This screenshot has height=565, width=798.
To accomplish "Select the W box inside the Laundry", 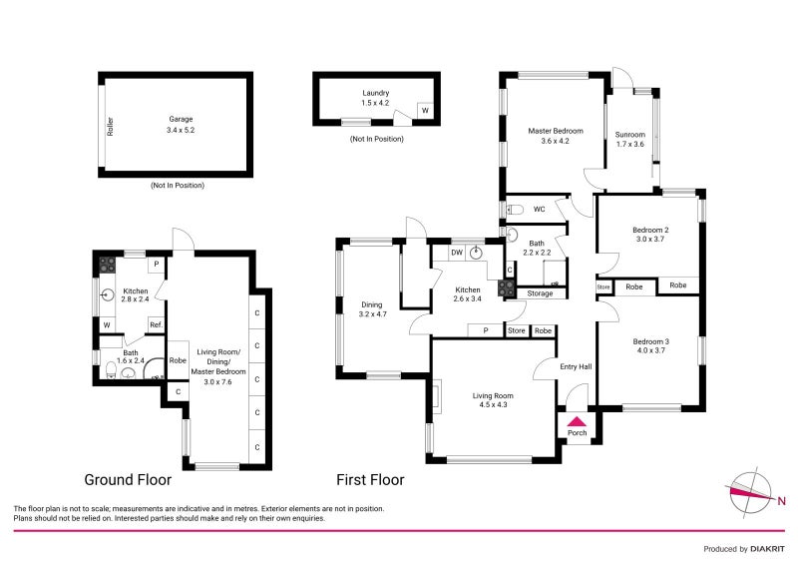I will (x=425, y=111).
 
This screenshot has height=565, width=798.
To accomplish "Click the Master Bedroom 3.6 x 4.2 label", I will (x=555, y=136).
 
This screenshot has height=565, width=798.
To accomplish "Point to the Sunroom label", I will (x=629, y=139).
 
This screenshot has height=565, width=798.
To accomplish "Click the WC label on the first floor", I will (x=539, y=210).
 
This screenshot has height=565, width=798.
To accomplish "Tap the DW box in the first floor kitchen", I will (x=456, y=253).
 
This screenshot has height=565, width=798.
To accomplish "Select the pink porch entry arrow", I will (x=578, y=420).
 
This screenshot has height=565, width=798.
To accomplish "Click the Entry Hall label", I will (x=577, y=367).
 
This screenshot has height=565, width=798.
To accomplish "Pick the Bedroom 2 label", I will (x=650, y=235).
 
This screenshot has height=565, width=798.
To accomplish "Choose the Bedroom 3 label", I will (x=650, y=346).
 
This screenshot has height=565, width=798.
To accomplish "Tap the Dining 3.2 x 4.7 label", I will (x=371, y=310).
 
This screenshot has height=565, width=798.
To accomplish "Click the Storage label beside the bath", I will (x=540, y=293).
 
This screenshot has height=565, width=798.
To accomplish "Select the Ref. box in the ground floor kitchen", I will (x=156, y=324).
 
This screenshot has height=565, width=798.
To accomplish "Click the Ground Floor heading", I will (x=128, y=480).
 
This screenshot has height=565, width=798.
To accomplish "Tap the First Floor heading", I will (x=370, y=480).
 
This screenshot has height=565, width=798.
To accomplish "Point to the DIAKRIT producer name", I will (x=758, y=549).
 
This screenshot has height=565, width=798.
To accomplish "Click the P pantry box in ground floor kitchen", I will (x=156, y=266).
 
